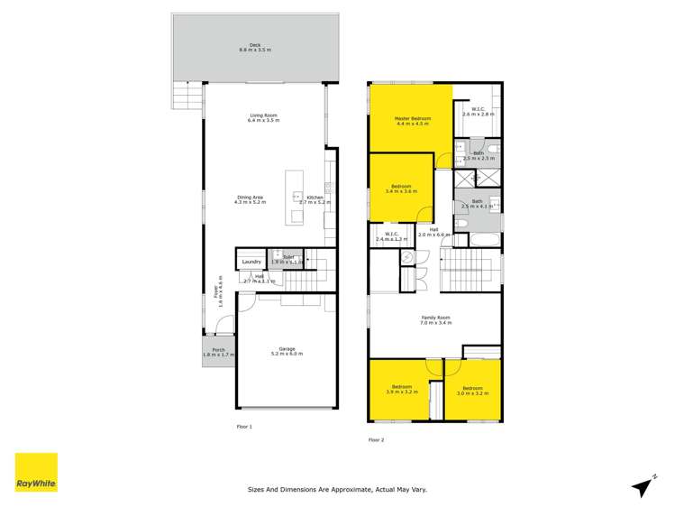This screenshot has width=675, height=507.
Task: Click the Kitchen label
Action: pyautogui.click(x=315, y=198)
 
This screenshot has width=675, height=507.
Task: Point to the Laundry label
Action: pyautogui.click(x=251, y=263)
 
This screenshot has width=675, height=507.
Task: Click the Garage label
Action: pyautogui.click(x=287, y=348)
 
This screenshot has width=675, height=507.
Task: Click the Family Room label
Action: pyautogui.click(x=435, y=318)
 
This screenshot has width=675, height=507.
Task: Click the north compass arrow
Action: pyautogui.click(x=643, y=486)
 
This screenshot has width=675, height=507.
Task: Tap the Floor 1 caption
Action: pyautogui.click(x=244, y=426)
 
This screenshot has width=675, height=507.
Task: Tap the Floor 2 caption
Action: pyautogui.click(x=377, y=439)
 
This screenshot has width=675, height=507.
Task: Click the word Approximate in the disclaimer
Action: pyautogui.click(x=348, y=490)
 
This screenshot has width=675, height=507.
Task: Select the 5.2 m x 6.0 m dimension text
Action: pyautogui.click(x=287, y=354)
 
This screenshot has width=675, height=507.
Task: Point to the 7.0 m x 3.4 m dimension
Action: pyautogui.click(x=435, y=323)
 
